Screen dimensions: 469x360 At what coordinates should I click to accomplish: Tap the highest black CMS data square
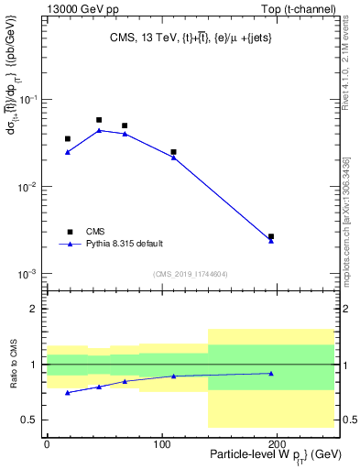click(x=99, y=120)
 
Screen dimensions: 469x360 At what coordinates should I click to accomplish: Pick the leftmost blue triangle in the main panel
click(x=68, y=152)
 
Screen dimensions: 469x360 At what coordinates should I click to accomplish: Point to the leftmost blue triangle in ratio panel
click(x=68, y=392)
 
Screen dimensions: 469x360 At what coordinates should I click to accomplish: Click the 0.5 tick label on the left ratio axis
click(x=33, y=420)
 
